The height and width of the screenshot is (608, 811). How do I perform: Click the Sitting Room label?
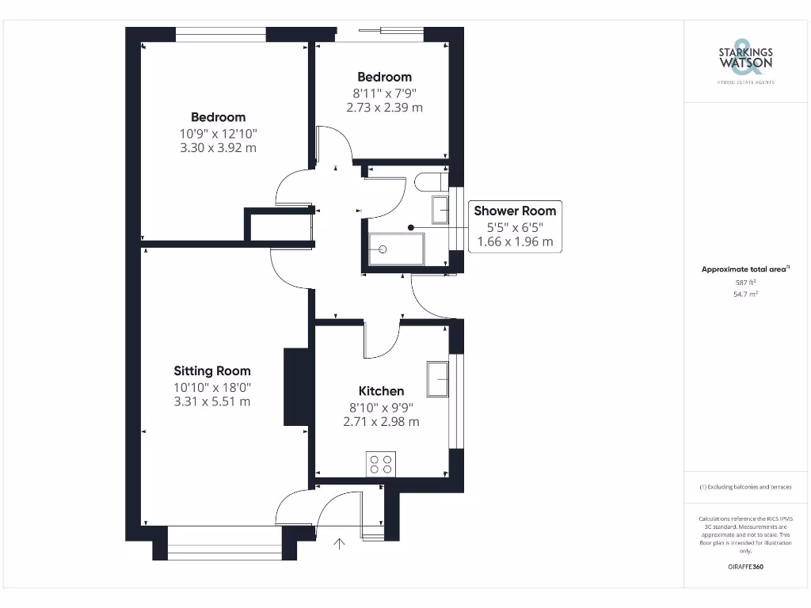(212, 370)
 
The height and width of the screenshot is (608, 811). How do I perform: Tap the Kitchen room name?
(381, 391)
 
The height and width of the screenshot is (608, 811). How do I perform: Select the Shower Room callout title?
(515, 211)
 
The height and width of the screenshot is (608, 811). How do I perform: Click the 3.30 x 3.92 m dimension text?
(218, 148)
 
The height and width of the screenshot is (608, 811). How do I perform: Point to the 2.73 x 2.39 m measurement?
(384, 107)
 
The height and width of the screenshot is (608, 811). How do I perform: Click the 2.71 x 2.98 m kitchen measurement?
(381, 422)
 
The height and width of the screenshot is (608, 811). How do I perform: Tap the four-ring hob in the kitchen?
(381, 464)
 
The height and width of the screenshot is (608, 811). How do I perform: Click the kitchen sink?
(438, 378)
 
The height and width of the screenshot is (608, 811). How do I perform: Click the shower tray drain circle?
(383, 249)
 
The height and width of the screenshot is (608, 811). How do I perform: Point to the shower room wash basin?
(440, 211)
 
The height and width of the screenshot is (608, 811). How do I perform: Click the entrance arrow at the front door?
(341, 544)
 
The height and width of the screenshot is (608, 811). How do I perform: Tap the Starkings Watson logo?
(744, 58)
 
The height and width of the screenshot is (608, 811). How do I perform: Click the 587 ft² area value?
(745, 282)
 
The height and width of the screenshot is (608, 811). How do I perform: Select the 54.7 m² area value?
(745, 294)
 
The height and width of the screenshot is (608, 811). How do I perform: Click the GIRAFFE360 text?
(745, 567)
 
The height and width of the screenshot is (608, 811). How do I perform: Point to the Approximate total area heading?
(744, 269)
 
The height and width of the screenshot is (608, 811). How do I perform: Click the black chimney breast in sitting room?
(295, 387)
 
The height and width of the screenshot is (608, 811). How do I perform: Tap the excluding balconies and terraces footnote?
(744, 487)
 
